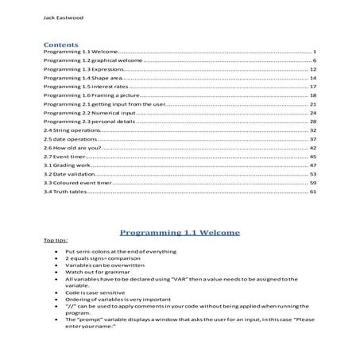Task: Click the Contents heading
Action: coord(60,45)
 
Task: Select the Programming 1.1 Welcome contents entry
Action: coord(80,52)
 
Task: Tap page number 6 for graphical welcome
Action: coord(315,60)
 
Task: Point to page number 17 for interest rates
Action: coord(313,87)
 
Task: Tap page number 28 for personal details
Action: coord(313,122)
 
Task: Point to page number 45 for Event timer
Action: coord(313,157)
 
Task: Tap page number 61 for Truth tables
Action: coord(313,192)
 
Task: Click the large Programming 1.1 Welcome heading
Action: coord(180,234)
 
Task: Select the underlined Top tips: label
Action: coord(56,241)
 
